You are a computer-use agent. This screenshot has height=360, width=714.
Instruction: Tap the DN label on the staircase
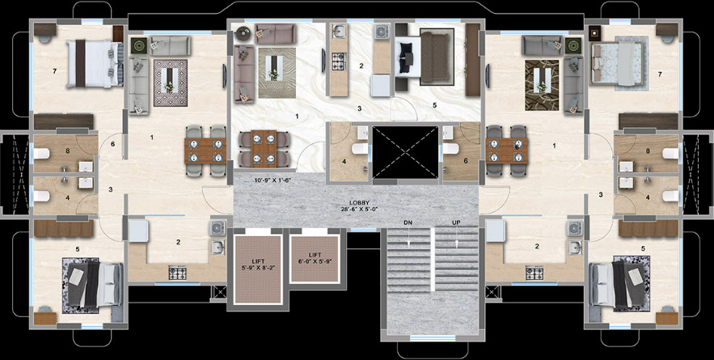point(408,222)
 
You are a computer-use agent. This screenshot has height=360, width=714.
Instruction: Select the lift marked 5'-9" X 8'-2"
point(256,268)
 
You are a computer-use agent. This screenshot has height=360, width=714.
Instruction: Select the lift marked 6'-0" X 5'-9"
point(312,257)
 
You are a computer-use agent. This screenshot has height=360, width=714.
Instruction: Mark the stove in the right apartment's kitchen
point(534,273)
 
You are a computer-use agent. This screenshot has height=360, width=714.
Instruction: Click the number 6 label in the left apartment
point(113,145)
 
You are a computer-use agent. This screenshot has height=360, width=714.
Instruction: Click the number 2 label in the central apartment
point(361,66)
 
